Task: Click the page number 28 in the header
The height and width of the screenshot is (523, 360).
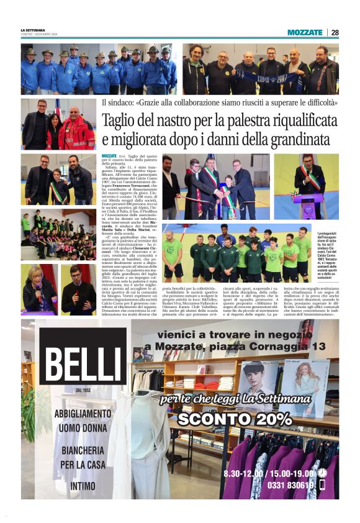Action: (x=335, y=32)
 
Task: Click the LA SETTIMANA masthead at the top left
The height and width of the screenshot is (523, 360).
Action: (x=33, y=29)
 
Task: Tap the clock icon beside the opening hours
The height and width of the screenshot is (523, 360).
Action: (x=322, y=473)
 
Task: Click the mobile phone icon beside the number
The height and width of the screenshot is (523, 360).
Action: (x=322, y=486)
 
